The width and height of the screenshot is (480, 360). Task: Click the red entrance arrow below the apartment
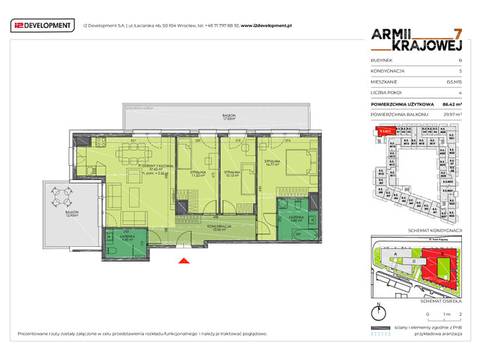coord(182,261)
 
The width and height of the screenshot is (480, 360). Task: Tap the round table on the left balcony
coord(62,199)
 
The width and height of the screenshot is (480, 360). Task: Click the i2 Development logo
coord(42,26)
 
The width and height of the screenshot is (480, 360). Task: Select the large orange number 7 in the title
coord(457,35)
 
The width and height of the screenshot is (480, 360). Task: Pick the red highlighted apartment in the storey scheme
coord(385,130)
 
